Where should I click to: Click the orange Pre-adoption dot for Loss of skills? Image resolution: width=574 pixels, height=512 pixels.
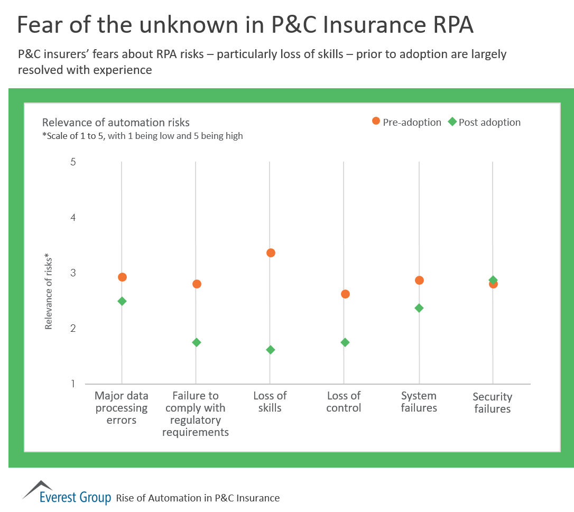click(271, 253)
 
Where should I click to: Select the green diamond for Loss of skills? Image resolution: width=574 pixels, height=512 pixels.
click(271, 350)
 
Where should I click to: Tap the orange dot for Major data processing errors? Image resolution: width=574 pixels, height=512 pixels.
click(122, 277)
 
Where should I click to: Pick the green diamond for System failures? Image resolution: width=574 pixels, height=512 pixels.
click(419, 308)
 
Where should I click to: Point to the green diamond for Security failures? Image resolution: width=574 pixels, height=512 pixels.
click(493, 280)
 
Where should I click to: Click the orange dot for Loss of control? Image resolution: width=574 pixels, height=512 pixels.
click(345, 294)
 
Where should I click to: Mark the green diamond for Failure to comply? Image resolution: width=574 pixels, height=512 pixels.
click(196, 342)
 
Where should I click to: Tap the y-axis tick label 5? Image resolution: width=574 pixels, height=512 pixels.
click(73, 162)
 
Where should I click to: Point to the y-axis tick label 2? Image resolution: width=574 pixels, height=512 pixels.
click(73, 328)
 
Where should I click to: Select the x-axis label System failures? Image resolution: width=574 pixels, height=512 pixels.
click(419, 402)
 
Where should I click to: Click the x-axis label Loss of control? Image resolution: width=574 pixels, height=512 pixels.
click(344, 402)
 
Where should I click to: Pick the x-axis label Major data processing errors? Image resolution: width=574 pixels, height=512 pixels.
click(121, 408)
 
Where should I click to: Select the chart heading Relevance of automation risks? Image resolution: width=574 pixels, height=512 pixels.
click(116, 123)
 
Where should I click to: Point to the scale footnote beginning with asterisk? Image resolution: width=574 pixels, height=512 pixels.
click(142, 136)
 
